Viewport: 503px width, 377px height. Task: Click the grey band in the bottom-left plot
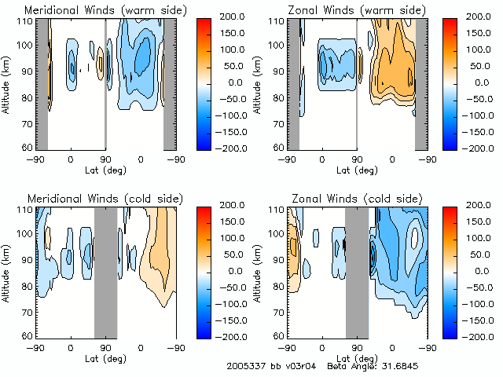point(105,271)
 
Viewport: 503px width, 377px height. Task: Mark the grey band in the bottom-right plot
point(357,271)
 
